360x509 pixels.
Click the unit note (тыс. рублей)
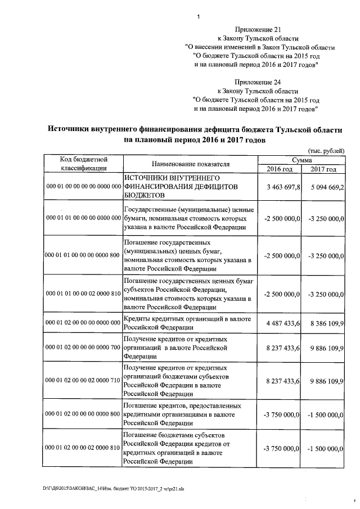coord(327,151)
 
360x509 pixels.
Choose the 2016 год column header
coord(280,169)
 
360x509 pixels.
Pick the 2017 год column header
coord(323,169)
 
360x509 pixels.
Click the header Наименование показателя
coord(191,164)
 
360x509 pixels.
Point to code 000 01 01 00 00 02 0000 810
coord(83,294)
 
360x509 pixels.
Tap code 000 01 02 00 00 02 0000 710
coord(83,381)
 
